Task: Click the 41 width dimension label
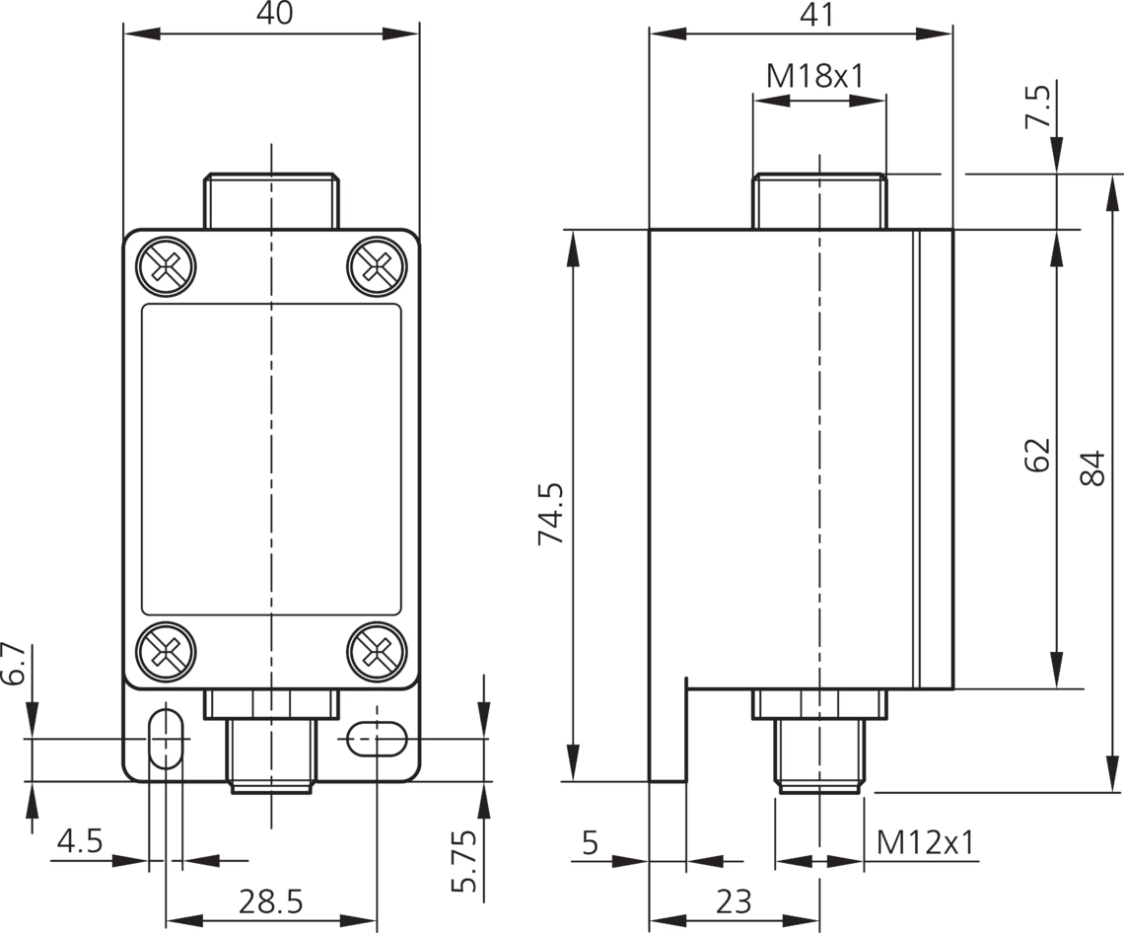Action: coord(818,15)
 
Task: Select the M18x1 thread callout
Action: coord(815,75)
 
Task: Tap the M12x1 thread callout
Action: coord(926,842)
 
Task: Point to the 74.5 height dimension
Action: coord(552,515)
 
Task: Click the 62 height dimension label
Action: coord(1036,454)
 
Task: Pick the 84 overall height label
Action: coord(1091,468)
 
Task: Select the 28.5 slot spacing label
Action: coord(271,901)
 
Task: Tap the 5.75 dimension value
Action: coord(463,861)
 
